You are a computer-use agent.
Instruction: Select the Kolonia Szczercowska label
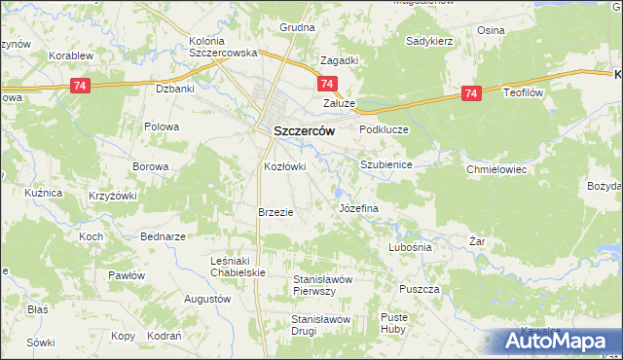coord(223,48)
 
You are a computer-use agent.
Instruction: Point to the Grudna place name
coord(298,27)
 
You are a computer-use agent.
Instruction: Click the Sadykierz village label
coord(430,42)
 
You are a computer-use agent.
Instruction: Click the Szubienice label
coord(386,165)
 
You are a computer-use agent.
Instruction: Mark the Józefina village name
coord(357,209)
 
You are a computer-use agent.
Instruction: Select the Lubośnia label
coord(409,247)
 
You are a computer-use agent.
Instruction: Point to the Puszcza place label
coord(421,289)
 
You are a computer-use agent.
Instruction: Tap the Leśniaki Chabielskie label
coord(238,267)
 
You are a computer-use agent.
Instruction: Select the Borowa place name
coord(151,166)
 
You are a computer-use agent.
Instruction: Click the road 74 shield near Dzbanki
coord(81,87)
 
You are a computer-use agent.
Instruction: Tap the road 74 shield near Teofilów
coord(471,93)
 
